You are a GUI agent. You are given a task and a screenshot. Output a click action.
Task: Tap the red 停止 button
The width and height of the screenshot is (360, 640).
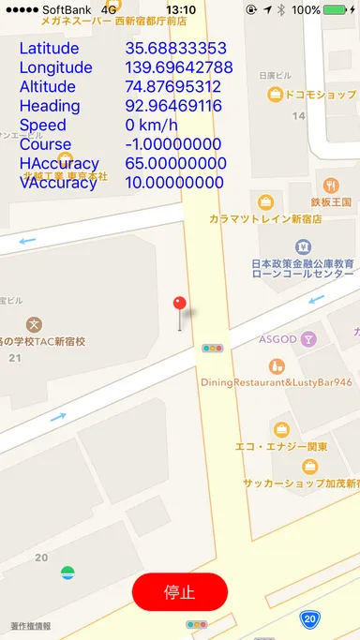[179, 592]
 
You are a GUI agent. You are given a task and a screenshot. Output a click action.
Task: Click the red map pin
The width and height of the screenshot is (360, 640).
[180, 305]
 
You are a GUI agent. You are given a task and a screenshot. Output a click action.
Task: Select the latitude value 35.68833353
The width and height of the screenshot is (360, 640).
[175, 48]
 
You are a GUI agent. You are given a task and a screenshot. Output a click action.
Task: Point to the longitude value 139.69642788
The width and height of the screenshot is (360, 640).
[179, 67]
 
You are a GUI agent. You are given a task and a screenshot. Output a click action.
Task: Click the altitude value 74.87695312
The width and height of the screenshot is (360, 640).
[172, 87]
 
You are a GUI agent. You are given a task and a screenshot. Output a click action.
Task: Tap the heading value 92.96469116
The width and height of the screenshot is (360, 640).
[172, 106]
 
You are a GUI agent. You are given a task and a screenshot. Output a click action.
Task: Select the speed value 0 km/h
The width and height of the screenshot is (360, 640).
[151, 126]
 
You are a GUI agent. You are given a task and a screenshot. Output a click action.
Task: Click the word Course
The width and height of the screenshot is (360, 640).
[45, 144]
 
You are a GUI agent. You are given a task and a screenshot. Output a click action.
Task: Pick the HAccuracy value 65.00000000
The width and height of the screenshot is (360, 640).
[174, 164]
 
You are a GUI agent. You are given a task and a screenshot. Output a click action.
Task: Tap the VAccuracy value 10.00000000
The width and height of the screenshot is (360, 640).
[174, 183]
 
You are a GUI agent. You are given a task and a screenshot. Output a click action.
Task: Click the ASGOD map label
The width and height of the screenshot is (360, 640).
[277, 338]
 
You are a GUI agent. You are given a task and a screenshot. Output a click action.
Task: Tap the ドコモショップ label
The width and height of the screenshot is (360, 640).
[320, 95]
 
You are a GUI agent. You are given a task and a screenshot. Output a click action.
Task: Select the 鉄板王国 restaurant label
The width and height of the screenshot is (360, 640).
[331, 201]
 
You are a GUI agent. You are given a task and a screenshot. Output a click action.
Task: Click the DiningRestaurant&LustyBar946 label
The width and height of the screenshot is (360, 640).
[277, 382]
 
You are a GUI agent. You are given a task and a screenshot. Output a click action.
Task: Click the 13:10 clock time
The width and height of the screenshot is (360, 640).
[180, 9]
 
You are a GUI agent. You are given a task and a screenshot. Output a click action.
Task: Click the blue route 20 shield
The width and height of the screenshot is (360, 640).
[309, 619]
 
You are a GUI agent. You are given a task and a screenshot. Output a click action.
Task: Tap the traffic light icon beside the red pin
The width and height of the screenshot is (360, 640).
[212, 348]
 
